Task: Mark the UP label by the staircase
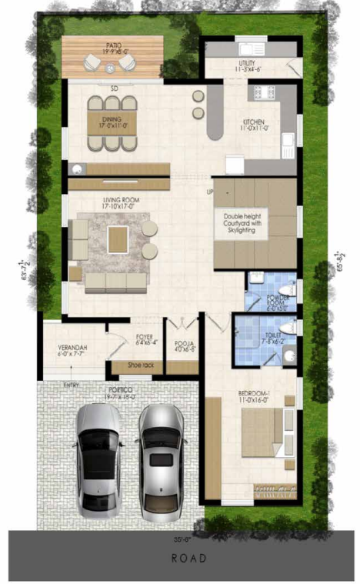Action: coord(208,192)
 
